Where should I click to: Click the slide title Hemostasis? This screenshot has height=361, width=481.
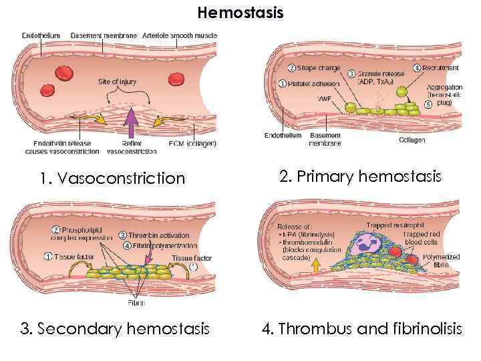point(240,13)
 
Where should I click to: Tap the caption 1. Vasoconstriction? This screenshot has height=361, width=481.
point(112,178)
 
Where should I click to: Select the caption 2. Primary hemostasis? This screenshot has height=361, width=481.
point(360,176)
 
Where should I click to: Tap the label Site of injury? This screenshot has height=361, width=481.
point(117,82)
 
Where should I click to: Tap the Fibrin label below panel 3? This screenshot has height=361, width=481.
point(136,303)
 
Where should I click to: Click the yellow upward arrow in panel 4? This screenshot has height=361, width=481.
point(317,265)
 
